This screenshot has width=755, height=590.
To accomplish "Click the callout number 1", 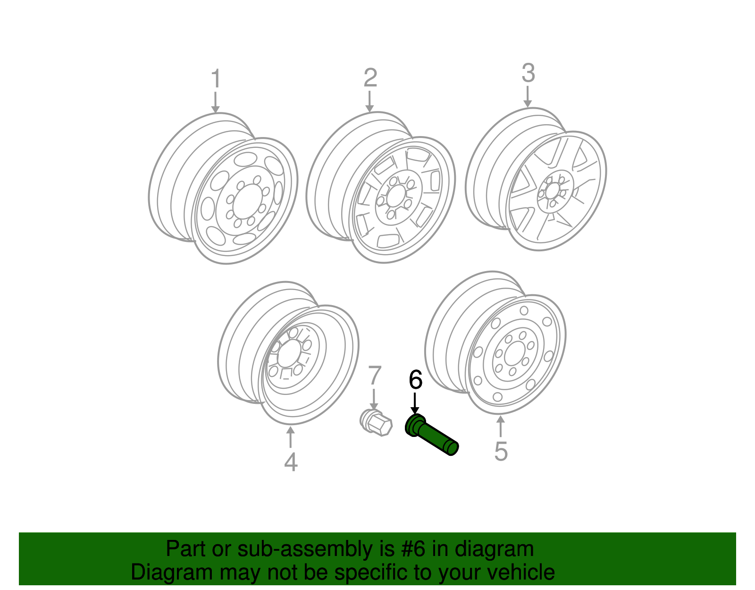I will (216, 79).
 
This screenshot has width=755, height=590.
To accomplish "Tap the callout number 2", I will (370, 78).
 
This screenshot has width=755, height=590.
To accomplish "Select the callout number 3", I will (528, 74).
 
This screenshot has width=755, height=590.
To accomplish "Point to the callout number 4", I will (291, 462).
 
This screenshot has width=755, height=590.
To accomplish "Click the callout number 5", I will (501, 451).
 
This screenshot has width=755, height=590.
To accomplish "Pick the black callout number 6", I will (415, 380).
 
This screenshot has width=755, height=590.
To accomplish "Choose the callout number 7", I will (374, 376).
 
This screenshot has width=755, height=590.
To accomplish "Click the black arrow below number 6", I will (415, 404).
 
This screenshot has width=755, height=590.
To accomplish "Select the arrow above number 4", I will (290, 437).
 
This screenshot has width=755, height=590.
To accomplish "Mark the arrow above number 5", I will (501, 425).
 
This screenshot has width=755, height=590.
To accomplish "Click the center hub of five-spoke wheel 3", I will (554, 190).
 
